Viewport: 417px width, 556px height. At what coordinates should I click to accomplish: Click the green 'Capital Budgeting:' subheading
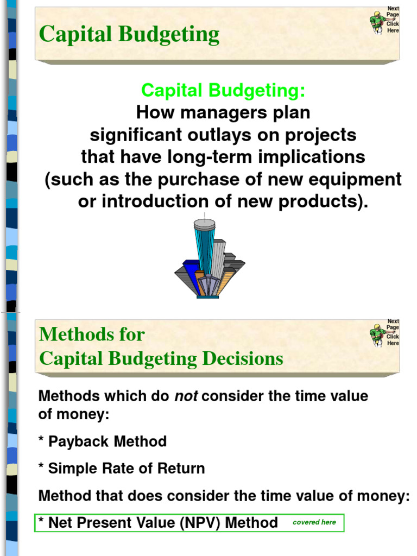coord(223,91)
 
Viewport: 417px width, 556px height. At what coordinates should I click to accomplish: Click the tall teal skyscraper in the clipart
coord(205,244)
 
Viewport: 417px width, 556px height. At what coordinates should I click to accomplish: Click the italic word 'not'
coord(185,396)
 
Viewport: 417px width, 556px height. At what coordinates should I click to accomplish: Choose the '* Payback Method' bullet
coord(103,441)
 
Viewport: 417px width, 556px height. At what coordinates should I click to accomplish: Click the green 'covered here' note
coord(314,522)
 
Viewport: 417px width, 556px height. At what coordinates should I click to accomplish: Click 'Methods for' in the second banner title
coord(92,334)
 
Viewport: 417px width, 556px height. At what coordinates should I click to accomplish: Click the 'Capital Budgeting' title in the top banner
coord(129,34)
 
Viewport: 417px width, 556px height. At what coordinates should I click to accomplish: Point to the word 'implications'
coord(311,157)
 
